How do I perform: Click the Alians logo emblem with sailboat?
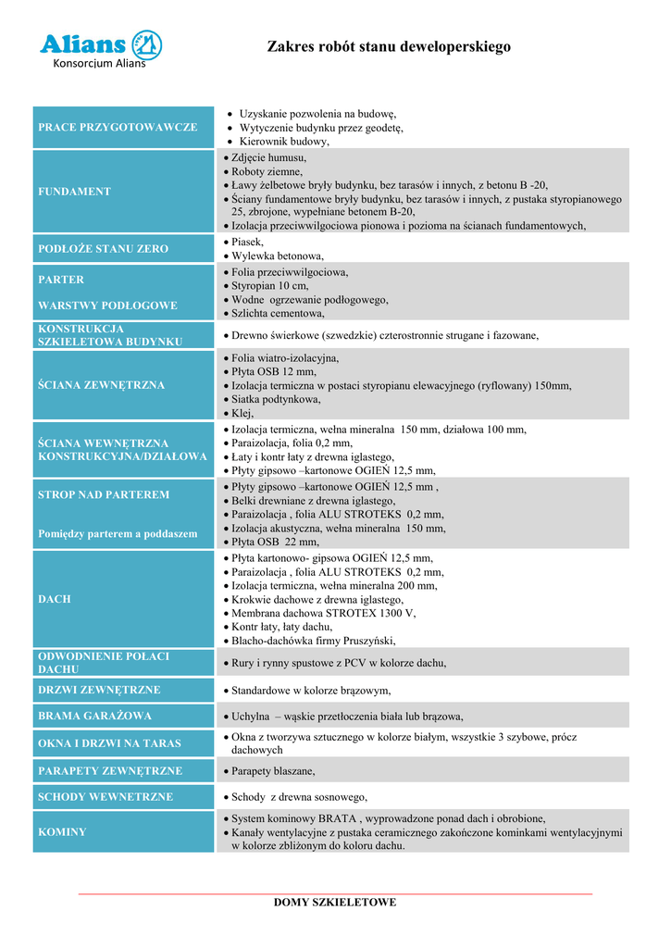(x=145, y=44)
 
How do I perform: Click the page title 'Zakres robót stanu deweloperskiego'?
(x=389, y=46)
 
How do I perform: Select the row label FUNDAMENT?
(x=74, y=192)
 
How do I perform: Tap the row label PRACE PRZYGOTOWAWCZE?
(x=118, y=127)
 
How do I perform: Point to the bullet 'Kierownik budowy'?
(x=284, y=142)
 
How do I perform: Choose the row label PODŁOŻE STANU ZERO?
(x=103, y=249)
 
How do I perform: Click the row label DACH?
(x=54, y=599)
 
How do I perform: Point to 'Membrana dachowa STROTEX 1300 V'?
(x=323, y=613)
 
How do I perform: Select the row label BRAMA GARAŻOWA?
(x=94, y=716)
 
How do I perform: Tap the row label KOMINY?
(x=62, y=832)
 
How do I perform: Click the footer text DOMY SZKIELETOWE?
(x=335, y=902)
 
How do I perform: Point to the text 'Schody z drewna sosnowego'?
(x=299, y=797)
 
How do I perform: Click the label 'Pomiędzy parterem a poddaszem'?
(x=118, y=534)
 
